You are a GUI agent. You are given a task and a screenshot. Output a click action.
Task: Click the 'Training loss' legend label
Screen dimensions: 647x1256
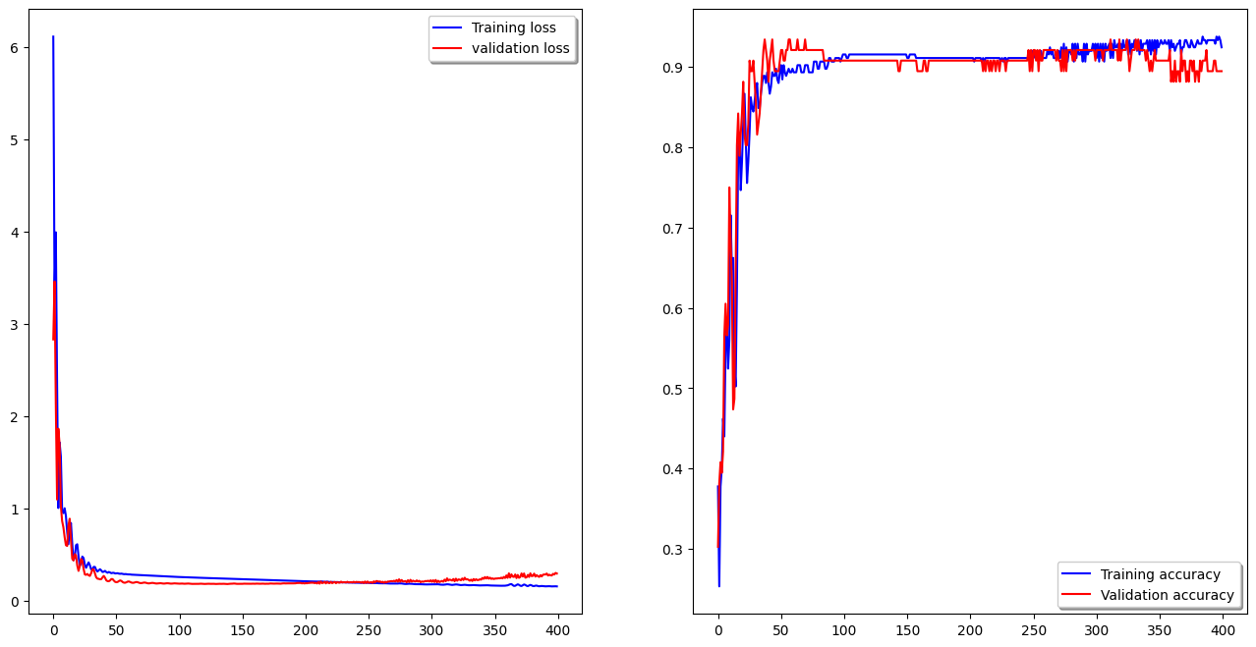[x=513, y=27]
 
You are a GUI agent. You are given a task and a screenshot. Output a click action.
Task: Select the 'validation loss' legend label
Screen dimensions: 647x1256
[x=520, y=48]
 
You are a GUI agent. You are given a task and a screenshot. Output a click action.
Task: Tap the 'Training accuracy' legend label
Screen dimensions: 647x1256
[x=1160, y=574]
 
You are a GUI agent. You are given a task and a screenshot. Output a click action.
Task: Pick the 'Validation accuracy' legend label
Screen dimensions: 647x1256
[x=1167, y=595]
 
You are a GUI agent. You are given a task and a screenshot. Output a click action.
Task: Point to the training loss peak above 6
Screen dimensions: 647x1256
[x=53, y=37]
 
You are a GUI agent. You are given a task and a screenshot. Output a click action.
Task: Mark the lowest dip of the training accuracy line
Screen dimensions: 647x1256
[x=719, y=586]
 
